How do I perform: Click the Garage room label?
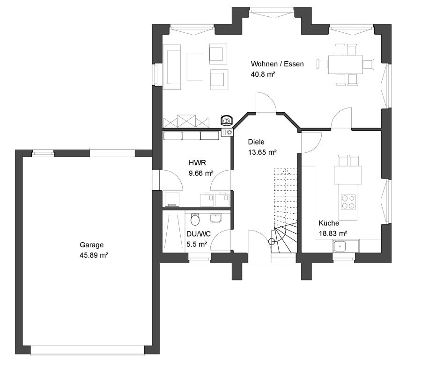click(91, 245)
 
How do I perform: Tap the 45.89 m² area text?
click(94, 255)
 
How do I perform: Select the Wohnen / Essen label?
click(277, 64)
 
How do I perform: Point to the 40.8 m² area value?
click(263, 74)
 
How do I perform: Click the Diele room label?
click(256, 142)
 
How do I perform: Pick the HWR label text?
click(197, 163)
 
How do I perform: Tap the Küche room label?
click(329, 223)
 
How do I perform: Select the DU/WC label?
click(199, 234)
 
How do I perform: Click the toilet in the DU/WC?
click(195, 219)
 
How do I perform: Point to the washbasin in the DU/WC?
click(215, 218)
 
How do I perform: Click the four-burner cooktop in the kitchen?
click(348, 202)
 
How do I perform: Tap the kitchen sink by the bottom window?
click(340, 246)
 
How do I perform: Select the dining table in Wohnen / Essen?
click(345, 65)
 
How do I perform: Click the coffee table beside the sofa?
click(195, 67)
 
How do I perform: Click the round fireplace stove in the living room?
click(226, 121)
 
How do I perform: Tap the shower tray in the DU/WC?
click(173, 231)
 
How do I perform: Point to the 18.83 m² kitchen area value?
click(333, 233)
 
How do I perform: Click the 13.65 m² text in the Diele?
click(262, 152)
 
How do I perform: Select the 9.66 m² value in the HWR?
click(201, 173)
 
